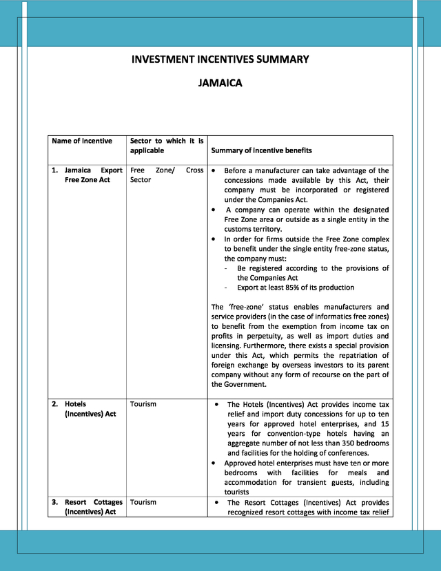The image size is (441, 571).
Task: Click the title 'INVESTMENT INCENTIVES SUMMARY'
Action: click(220, 59)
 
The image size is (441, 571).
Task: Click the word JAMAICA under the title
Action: click(220, 84)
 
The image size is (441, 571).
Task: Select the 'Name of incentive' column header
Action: click(81, 141)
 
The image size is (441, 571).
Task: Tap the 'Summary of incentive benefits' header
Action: click(261, 150)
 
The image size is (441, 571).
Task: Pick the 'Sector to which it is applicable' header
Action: click(166, 146)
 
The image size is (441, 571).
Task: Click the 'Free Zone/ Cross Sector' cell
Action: click(166, 175)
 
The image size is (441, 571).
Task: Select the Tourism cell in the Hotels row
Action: click(143, 404)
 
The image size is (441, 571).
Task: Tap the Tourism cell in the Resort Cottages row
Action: click(143, 502)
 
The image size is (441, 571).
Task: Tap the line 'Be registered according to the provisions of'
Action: click(313, 268)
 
